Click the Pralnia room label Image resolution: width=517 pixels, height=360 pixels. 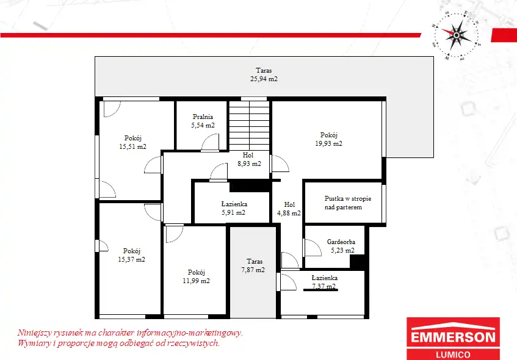[203, 117]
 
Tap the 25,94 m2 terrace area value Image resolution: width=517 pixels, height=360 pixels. [264, 79]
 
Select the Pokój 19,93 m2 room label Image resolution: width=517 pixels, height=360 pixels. [329, 139]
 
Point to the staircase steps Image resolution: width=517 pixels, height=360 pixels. [249, 126]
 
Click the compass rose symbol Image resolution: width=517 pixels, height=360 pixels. [456, 35]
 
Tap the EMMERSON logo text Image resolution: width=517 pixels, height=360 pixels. [453, 337]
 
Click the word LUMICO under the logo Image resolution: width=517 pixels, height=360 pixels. [453, 355]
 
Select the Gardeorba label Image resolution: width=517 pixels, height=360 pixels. [341, 242]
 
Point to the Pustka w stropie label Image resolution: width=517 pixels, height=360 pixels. [348, 198]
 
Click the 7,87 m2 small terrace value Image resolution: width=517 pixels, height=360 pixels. [253, 270]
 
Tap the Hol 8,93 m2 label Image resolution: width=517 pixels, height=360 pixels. [249, 159]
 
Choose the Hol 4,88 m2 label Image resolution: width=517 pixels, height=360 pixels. [289, 209]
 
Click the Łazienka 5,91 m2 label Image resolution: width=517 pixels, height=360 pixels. [234, 208]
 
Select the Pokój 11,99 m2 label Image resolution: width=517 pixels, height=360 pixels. [196, 276]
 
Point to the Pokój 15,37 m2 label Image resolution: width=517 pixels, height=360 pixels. [132, 255]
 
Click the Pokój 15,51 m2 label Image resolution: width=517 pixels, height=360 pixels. [132, 142]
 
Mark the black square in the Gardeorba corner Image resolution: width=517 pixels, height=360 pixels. [357, 262]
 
